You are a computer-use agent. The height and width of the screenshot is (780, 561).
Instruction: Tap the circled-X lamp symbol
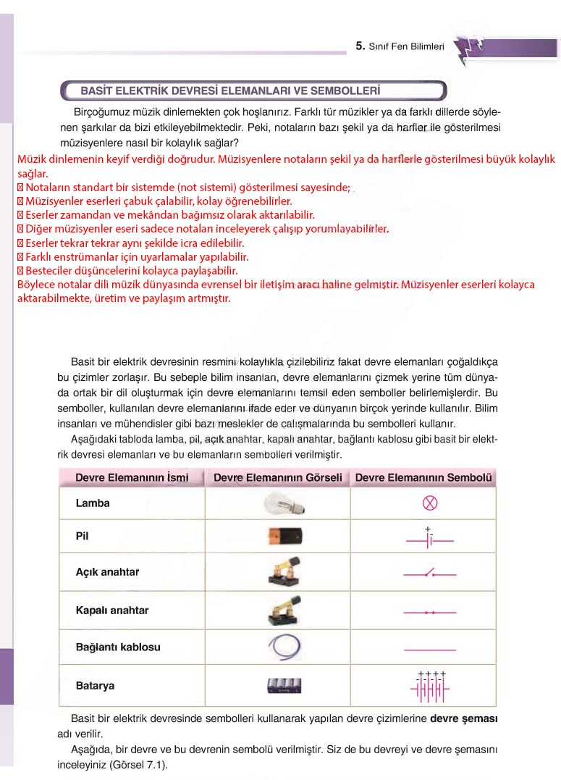coord(430,503)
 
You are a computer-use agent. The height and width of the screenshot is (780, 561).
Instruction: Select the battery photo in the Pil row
coord(283,537)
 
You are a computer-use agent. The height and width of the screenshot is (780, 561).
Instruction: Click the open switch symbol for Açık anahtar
coord(429,574)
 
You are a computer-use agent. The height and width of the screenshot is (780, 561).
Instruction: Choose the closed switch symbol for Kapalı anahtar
coord(429,613)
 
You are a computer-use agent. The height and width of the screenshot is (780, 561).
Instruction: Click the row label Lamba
coord(93,503)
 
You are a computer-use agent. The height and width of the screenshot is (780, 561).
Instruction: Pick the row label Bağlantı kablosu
coord(118,647)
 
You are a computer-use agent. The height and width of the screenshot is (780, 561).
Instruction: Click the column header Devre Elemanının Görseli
coord(277,478)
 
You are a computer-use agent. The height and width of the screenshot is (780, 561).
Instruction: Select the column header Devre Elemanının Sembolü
coord(423,478)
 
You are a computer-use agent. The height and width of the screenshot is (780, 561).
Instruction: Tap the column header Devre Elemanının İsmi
coord(132,478)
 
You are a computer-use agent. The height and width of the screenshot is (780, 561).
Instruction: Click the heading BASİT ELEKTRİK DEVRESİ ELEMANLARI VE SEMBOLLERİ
coord(230,91)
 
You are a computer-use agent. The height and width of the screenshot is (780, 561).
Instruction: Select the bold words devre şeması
coord(463,720)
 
